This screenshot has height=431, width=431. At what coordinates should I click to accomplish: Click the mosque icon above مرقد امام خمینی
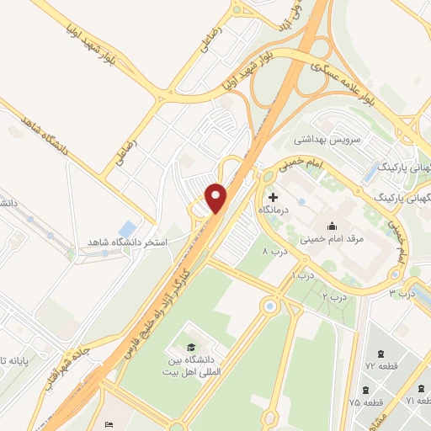coord(332,226)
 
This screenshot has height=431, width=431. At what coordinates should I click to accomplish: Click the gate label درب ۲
coord(334,297)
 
